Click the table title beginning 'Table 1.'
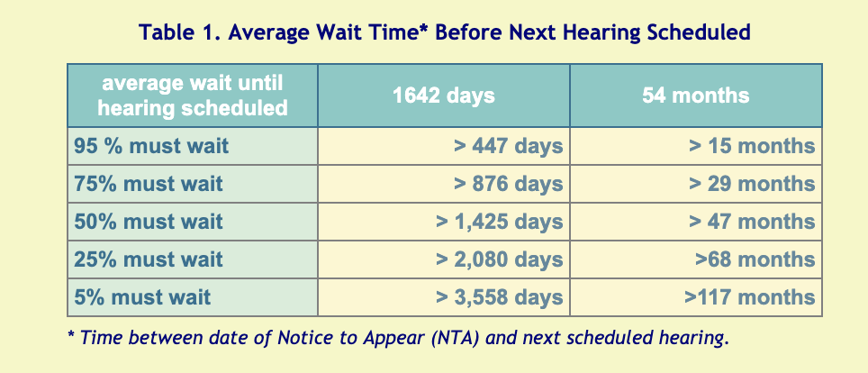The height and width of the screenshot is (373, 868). point(445,32)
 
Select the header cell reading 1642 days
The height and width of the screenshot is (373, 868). point(444,96)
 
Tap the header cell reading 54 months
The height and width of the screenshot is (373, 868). point(696,96)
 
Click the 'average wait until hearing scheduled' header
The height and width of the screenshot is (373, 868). point(193,96)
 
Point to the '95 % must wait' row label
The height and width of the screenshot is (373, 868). point(151,146)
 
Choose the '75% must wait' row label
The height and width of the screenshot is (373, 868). point(149,184)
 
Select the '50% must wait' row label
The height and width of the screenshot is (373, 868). point(149,221)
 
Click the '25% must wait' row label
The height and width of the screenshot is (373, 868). point(149,259)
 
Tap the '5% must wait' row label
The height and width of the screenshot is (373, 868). point(142,296)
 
